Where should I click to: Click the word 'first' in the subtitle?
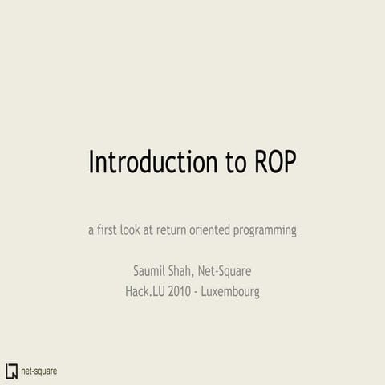[x=110, y=230]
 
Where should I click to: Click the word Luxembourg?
[x=231, y=291]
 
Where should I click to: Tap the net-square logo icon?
[x=11, y=371]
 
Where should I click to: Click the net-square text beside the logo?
[x=38, y=371]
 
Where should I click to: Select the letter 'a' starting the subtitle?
[x=91, y=231]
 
